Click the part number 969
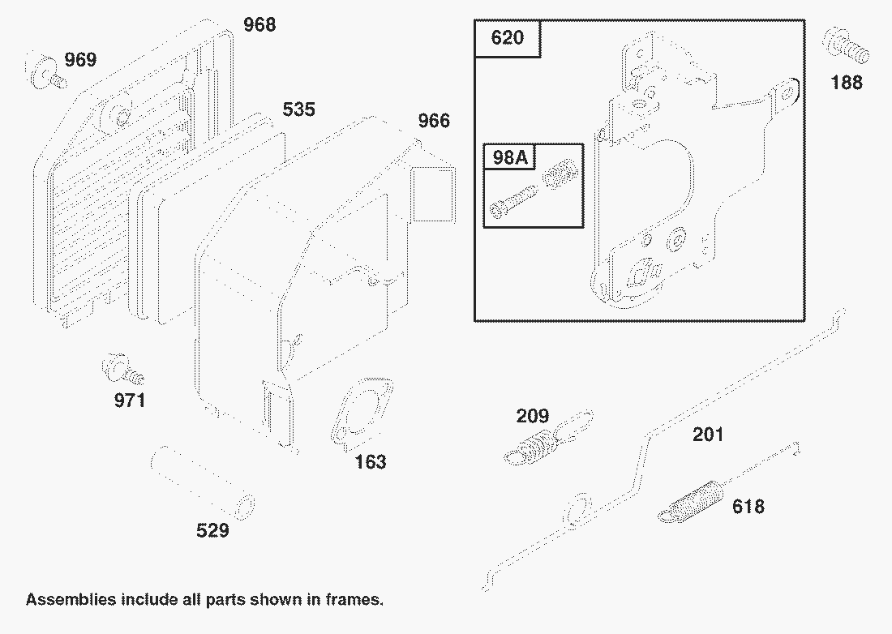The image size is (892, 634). pos(80,59)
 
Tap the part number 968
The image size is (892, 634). pos(259,25)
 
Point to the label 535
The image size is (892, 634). pos(298,109)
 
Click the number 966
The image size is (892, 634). pos(433,121)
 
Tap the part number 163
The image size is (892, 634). pos(370,462)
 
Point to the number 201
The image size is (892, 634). pos(707,435)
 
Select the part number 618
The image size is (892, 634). pos(748,507)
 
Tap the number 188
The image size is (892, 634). pos(847,82)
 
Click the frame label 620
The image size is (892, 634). pos(508,38)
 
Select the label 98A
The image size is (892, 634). pos(509,157)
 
